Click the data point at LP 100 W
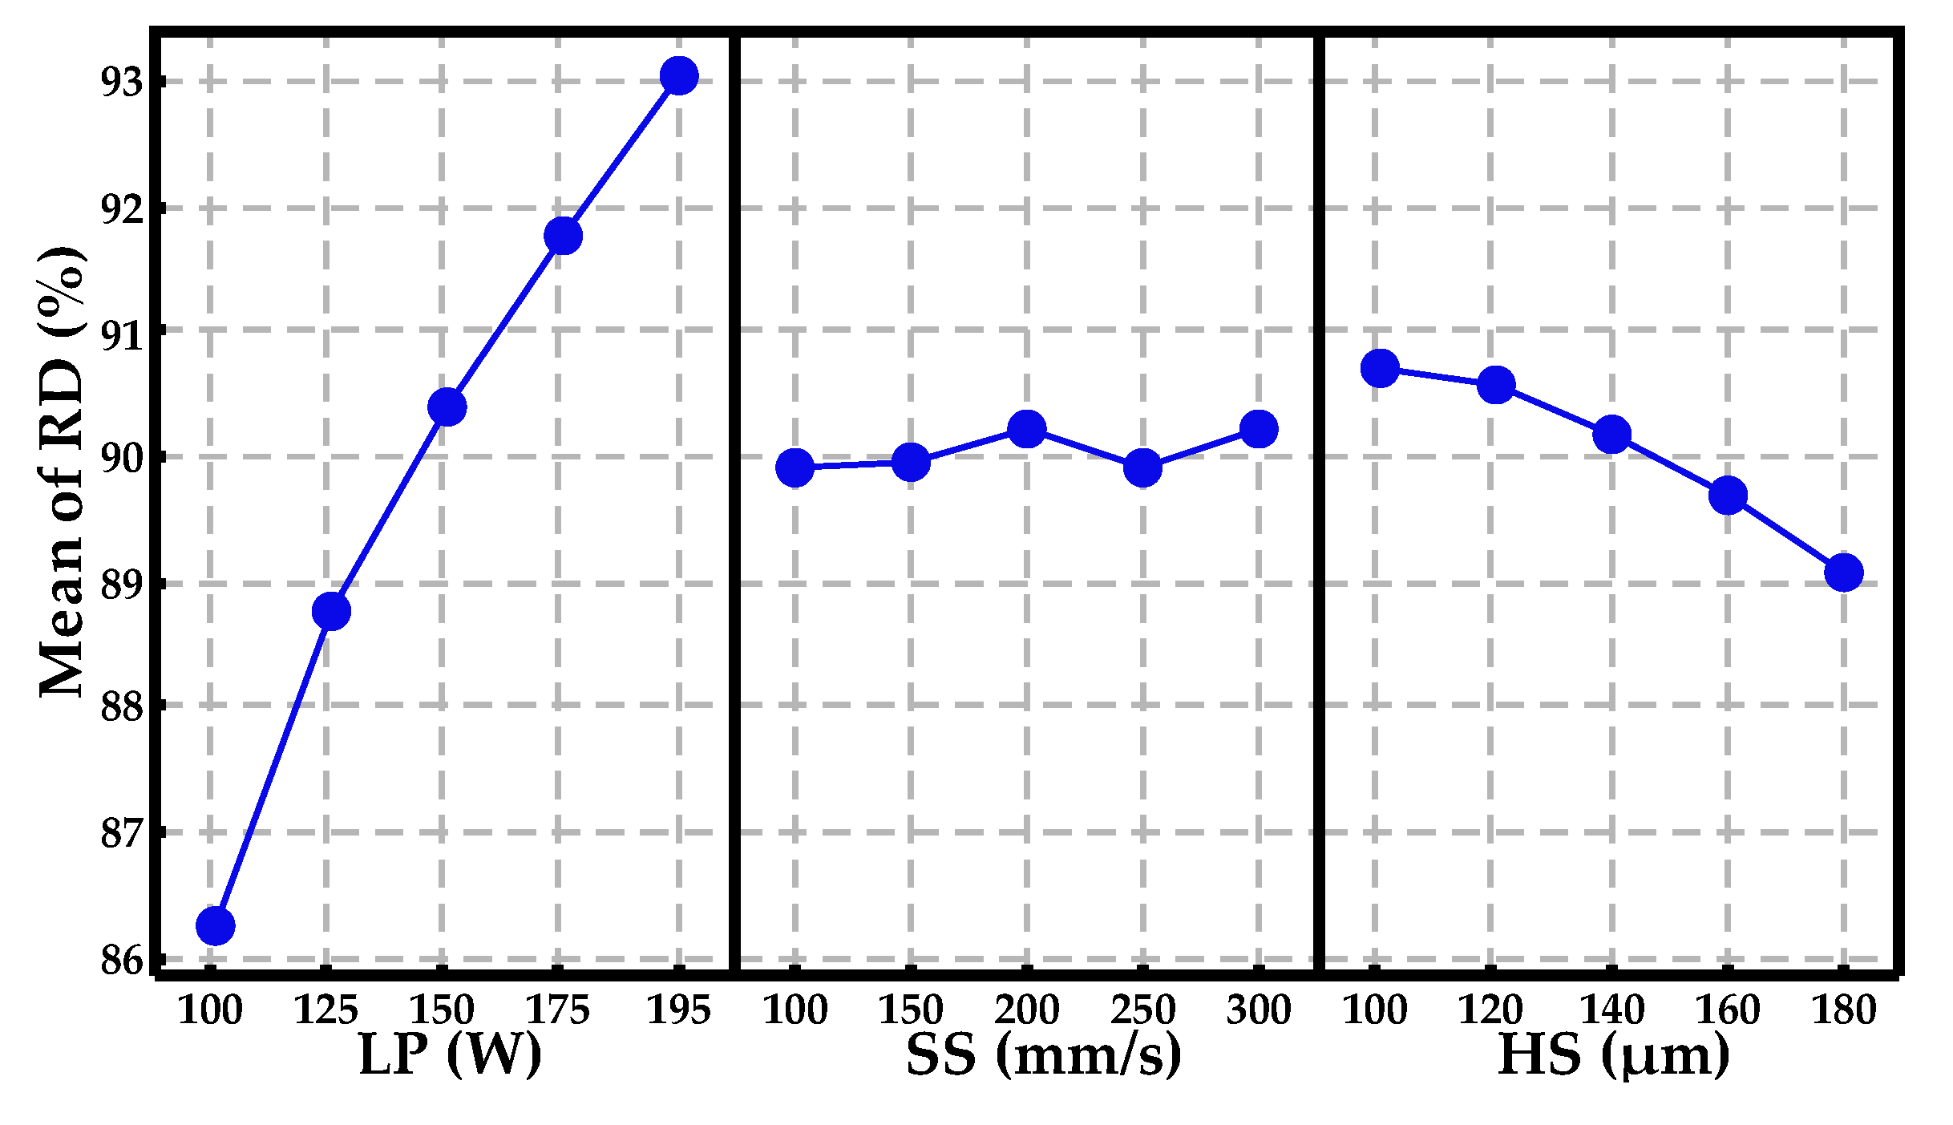click(215, 926)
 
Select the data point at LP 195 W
click(679, 75)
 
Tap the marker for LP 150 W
click(447, 407)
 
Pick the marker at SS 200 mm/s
click(1026, 429)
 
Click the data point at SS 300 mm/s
click(1259, 429)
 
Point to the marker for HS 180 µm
click(1843, 573)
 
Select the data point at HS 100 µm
click(1380, 368)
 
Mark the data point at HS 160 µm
click(1728, 496)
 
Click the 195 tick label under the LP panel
click(678, 1010)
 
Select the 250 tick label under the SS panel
click(1142, 1010)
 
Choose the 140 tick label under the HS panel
click(1611, 1010)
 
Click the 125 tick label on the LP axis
click(325, 1010)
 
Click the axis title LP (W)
click(450, 1055)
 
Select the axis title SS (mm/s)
click(1043, 1055)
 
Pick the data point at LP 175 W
click(563, 236)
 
